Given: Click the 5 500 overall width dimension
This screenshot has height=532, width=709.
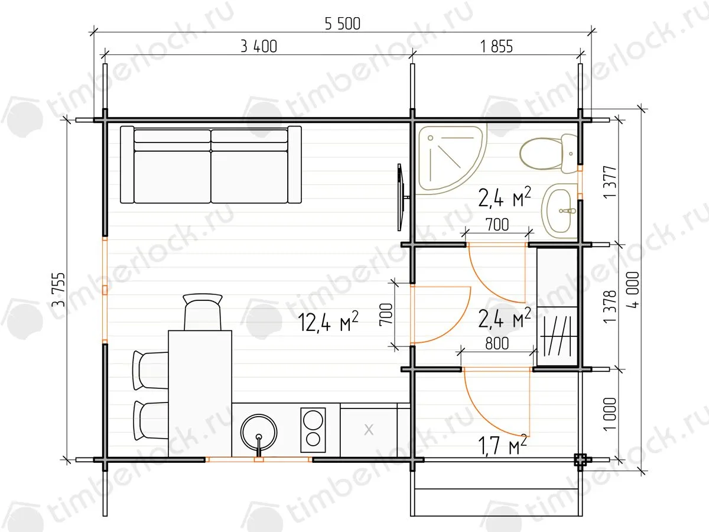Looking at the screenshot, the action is [x=342, y=24].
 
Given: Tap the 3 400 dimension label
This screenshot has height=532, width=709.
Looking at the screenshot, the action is [x=259, y=47].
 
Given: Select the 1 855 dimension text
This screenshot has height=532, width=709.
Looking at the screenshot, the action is [x=496, y=47].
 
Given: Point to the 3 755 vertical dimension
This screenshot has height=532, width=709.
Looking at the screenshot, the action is [x=58, y=290].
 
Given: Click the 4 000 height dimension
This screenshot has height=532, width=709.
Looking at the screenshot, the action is [x=633, y=290].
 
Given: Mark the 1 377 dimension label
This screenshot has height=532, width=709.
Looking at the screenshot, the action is [x=610, y=182].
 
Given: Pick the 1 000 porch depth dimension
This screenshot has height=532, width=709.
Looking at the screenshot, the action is [x=610, y=414].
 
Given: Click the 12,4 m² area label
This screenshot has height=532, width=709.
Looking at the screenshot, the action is [x=327, y=322].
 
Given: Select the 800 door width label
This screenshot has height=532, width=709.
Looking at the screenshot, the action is [x=497, y=343].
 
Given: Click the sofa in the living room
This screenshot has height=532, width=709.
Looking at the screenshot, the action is [x=211, y=165].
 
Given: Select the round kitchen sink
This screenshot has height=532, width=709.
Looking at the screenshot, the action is [x=259, y=432].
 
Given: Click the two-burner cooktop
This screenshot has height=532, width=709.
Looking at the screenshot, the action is [x=313, y=430].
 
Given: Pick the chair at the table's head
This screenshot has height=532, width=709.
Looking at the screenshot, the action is [x=203, y=312].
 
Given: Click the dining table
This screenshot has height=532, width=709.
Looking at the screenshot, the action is [x=200, y=394].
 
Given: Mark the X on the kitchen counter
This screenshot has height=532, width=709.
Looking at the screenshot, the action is [x=369, y=430].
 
